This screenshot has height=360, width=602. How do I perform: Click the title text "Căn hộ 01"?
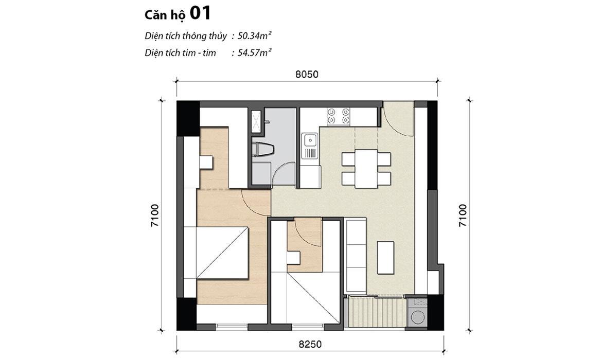coord(178,14)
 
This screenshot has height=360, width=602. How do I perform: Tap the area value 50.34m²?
coord(255,36)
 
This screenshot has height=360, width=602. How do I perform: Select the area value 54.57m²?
coord(255,52)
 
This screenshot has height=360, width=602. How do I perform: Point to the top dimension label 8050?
coord(307,75)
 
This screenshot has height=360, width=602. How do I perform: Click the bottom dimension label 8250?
coord(310,344)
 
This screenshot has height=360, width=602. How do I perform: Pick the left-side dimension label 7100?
coord(154,215)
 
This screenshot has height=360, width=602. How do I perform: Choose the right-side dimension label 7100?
coord(463,215)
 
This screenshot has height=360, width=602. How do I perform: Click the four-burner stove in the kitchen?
coord(339,116)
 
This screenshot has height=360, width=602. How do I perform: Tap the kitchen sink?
coord(310,146)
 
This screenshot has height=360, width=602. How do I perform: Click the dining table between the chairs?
coord(366,169)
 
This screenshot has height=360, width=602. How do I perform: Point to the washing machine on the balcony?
coord(417,313)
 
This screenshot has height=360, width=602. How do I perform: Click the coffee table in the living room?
coord(385,258)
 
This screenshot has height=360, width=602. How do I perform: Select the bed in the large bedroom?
coord(222,253)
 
